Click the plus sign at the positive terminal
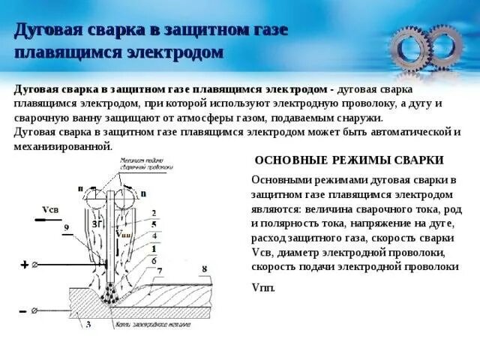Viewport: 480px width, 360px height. click(23, 264)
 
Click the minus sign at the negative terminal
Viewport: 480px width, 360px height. click(22, 310)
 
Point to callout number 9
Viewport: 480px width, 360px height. click(66, 226)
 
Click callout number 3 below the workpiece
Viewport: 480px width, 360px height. click(88, 325)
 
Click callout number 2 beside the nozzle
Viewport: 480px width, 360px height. click(153, 213)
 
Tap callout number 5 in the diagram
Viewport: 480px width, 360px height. click(153, 224)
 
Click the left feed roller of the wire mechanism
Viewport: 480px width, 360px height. click(97, 199)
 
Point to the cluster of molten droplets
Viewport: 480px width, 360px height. click(112, 294)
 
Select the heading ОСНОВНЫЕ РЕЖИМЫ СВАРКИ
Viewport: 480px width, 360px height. click(349, 160)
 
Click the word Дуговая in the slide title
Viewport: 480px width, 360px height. click(43, 31)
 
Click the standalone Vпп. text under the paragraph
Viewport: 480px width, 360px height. click(264, 288)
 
